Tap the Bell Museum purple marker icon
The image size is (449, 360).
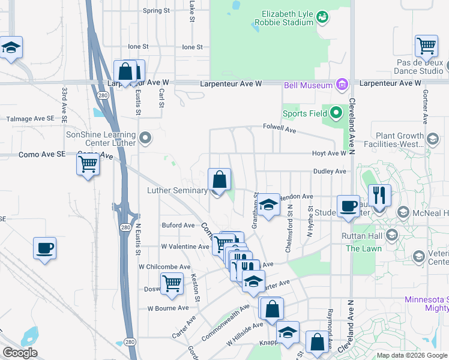[x=342, y=84]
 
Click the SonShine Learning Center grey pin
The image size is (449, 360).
[x=145, y=139]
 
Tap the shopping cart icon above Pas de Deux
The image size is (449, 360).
[x=426, y=45]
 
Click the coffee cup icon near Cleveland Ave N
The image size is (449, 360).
[x=348, y=206]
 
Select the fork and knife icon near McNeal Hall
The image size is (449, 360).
[x=379, y=194]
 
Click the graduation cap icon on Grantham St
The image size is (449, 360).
[x=269, y=204]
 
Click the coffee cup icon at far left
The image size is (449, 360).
[x=45, y=247]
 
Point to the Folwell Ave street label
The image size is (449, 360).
[x=280, y=128]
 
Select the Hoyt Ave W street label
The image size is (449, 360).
[x=330, y=154]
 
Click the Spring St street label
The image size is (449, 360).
[x=157, y=11]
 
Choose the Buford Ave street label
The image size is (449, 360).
[x=178, y=226]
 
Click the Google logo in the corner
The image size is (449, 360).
[x=20, y=353]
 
